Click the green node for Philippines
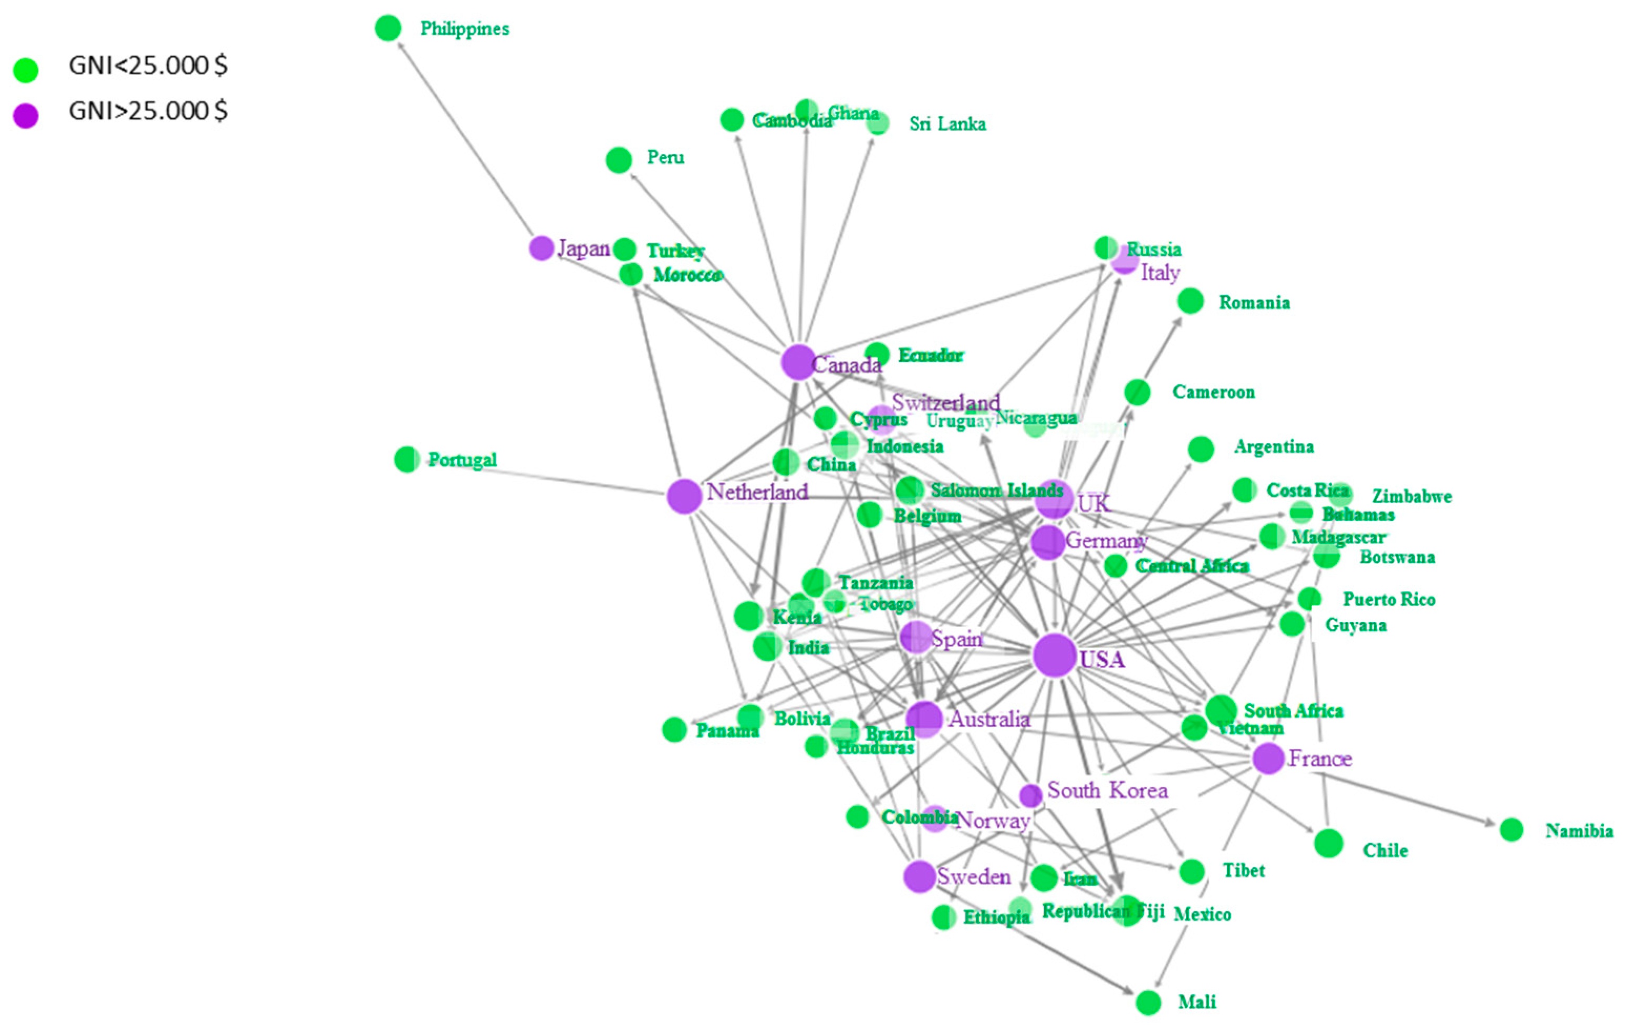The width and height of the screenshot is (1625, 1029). click(x=388, y=28)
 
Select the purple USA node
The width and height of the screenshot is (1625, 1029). click(x=1054, y=655)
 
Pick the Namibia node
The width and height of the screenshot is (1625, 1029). click(x=1512, y=830)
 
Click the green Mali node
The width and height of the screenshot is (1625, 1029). click(x=1148, y=1003)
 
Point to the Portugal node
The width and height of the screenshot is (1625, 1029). click(x=407, y=460)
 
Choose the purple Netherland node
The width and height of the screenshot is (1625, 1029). click(x=684, y=496)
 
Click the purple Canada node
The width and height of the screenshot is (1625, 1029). click(x=798, y=362)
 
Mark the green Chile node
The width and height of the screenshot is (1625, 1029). click(x=1329, y=844)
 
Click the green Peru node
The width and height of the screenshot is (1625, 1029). click(x=619, y=160)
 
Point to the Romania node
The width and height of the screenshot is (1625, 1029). click(x=1191, y=301)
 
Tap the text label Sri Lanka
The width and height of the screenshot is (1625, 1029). click(x=947, y=124)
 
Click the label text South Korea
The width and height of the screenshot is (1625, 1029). click(x=1107, y=791)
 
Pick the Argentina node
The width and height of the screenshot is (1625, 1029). click(x=1201, y=449)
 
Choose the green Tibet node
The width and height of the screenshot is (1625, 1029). click(x=1192, y=871)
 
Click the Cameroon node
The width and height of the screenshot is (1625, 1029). click(x=1137, y=392)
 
